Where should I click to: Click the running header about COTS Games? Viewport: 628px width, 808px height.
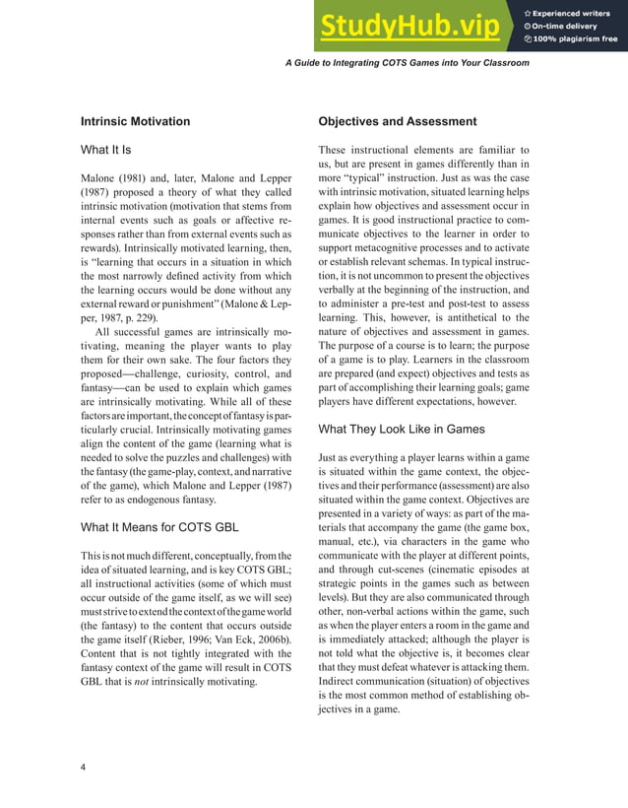click(407, 62)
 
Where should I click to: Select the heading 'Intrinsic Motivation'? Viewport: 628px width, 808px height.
click(135, 121)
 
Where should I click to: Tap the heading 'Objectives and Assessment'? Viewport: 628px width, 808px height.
click(398, 121)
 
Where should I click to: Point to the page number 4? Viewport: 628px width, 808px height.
click(84, 768)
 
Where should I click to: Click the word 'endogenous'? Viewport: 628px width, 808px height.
click(157, 500)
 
